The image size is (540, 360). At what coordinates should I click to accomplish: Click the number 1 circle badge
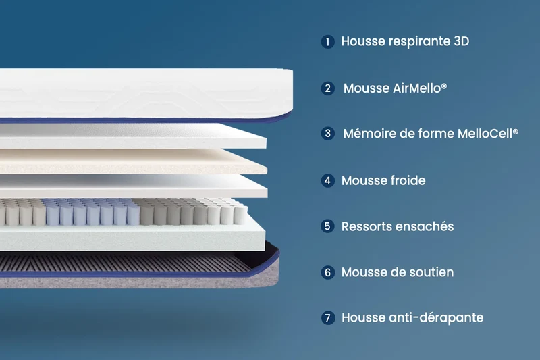(x=327, y=42)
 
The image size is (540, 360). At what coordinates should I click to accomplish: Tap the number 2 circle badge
(x=327, y=88)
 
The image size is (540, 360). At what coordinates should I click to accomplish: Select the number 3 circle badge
(x=327, y=133)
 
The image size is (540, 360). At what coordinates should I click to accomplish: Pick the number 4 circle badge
(x=327, y=180)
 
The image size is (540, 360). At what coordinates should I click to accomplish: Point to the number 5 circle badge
(x=327, y=226)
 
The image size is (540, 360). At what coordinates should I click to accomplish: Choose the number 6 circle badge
(x=327, y=272)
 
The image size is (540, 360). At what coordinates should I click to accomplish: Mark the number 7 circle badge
(x=327, y=317)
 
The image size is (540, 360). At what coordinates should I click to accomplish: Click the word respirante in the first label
(x=419, y=42)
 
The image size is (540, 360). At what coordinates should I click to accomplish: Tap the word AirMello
(x=417, y=88)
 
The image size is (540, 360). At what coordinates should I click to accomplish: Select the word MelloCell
(x=485, y=133)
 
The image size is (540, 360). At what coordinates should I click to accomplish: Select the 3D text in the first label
(x=462, y=41)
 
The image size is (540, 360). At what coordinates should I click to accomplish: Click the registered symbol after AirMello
(x=444, y=85)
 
